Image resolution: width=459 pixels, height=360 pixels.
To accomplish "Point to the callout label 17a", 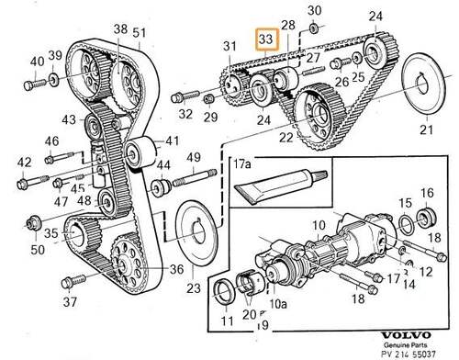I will point(243,168).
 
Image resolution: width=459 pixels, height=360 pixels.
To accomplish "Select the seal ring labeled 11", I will point(224,295).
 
